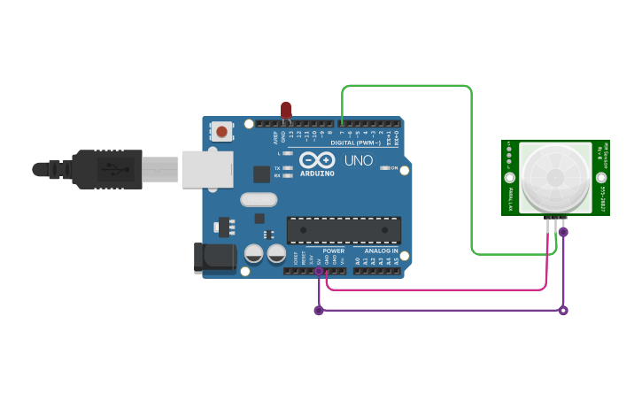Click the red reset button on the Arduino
click(221, 132)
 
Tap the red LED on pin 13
click(285, 110)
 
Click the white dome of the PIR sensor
click(554, 177)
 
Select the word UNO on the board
click(358, 161)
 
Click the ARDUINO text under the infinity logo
click(317, 174)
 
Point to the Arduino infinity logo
click(317, 160)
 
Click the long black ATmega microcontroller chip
click(344, 230)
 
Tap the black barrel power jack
click(213, 258)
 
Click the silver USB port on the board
click(206, 169)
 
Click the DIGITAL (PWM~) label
click(355, 143)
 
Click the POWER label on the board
click(334, 251)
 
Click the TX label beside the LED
click(277, 167)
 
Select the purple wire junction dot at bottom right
click(563, 310)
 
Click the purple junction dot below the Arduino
click(319, 310)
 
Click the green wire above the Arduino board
click(407, 86)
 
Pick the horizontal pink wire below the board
click(434, 289)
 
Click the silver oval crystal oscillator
click(258, 199)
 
